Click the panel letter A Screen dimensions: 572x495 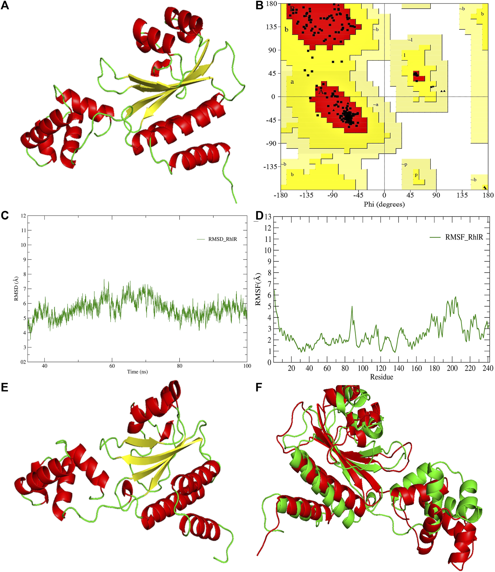pos(5,5)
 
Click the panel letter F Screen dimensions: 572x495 pos(259,387)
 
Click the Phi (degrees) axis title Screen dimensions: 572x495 pos(384,204)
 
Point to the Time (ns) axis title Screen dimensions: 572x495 pos(137,372)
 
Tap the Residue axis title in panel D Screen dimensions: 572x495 pos(381,377)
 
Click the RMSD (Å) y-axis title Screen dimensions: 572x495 pos(16,288)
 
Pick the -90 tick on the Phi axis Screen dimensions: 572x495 pos(332,195)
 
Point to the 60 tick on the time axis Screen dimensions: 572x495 pos(112,366)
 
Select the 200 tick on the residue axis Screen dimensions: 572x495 pos(452,368)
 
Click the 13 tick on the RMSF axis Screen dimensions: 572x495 pos(268,217)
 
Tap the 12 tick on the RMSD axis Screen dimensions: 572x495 pos(24,216)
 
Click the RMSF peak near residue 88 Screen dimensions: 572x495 pos(352,307)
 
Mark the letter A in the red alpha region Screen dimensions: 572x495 pos(321,92)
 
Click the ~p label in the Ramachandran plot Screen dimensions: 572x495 pos(404,164)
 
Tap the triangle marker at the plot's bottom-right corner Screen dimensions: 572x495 pos(485,187)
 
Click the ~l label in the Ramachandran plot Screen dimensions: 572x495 pos(410,40)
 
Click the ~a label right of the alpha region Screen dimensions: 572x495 pos(375,105)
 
